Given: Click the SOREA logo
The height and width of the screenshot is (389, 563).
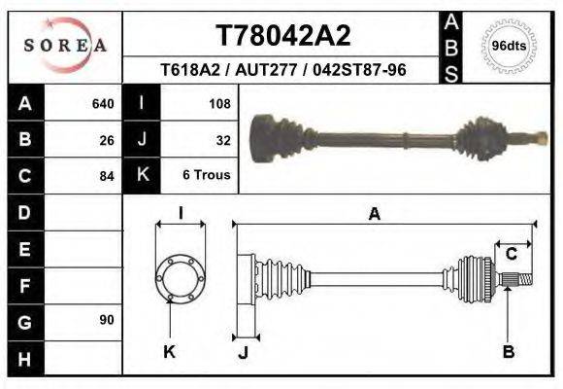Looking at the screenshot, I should coord(65,46).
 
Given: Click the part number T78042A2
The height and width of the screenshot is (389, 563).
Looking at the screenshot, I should coord(282,36).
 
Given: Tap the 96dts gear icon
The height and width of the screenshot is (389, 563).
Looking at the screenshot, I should coord(509,46).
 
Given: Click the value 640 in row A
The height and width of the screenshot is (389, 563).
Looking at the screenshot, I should coord(102,103).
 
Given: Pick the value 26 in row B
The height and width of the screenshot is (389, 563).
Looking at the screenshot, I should coord(107,139).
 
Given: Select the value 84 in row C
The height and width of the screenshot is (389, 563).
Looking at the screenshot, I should coord(107,176).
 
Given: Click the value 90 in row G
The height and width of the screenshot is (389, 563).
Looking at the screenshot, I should coord(107,320).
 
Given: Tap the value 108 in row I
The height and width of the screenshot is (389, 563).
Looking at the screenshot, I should coord(218,103).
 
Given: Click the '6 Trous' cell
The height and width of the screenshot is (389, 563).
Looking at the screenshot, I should coord(207,176).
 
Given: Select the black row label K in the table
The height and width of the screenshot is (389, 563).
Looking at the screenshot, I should coord(143,175).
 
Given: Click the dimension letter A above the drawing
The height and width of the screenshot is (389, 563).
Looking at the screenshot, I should coord(374,216).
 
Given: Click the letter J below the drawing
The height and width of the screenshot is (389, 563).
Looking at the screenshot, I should coord(243,352).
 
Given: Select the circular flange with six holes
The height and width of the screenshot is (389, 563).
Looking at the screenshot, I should coord(181,278).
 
